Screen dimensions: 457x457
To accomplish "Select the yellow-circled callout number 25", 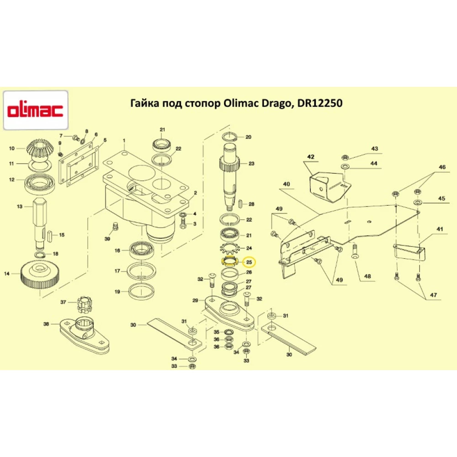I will (249, 262).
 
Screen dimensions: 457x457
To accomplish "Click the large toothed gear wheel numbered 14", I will (40, 275).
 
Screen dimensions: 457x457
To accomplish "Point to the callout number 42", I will (311, 157).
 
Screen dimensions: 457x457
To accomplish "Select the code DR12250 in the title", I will (320, 104).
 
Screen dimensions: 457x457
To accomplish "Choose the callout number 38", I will (46, 324).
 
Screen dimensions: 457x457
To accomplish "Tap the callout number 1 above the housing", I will (123, 139).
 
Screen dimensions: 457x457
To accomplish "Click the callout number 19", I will (117, 292).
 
